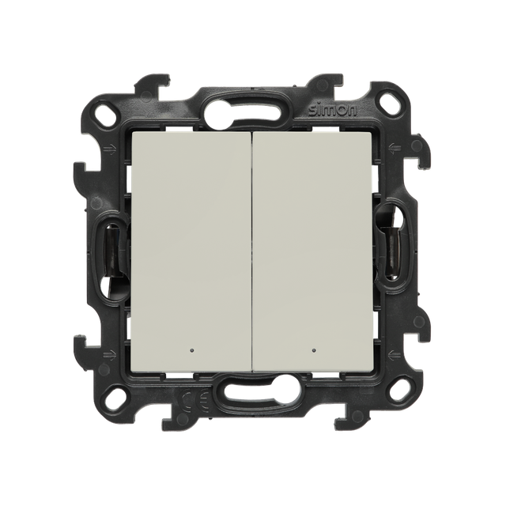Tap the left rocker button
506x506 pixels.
191,251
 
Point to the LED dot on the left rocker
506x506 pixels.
193,350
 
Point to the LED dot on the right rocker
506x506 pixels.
313,350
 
